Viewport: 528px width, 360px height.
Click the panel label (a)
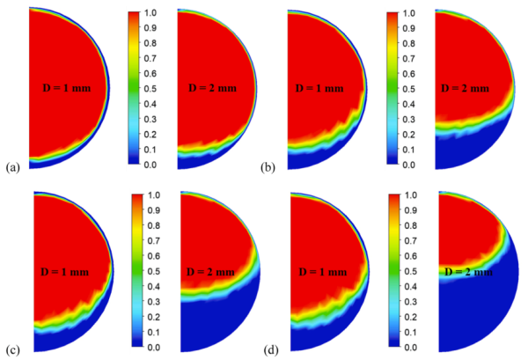[12, 165]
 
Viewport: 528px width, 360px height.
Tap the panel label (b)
[272, 165]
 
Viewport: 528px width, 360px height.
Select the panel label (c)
[12, 349]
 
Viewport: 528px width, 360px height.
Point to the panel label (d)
[272, 349]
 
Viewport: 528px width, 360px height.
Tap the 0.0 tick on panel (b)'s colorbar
[413, 165]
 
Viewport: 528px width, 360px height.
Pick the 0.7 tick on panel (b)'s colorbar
[413, 59]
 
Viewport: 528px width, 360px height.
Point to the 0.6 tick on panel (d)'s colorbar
[413, 256]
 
